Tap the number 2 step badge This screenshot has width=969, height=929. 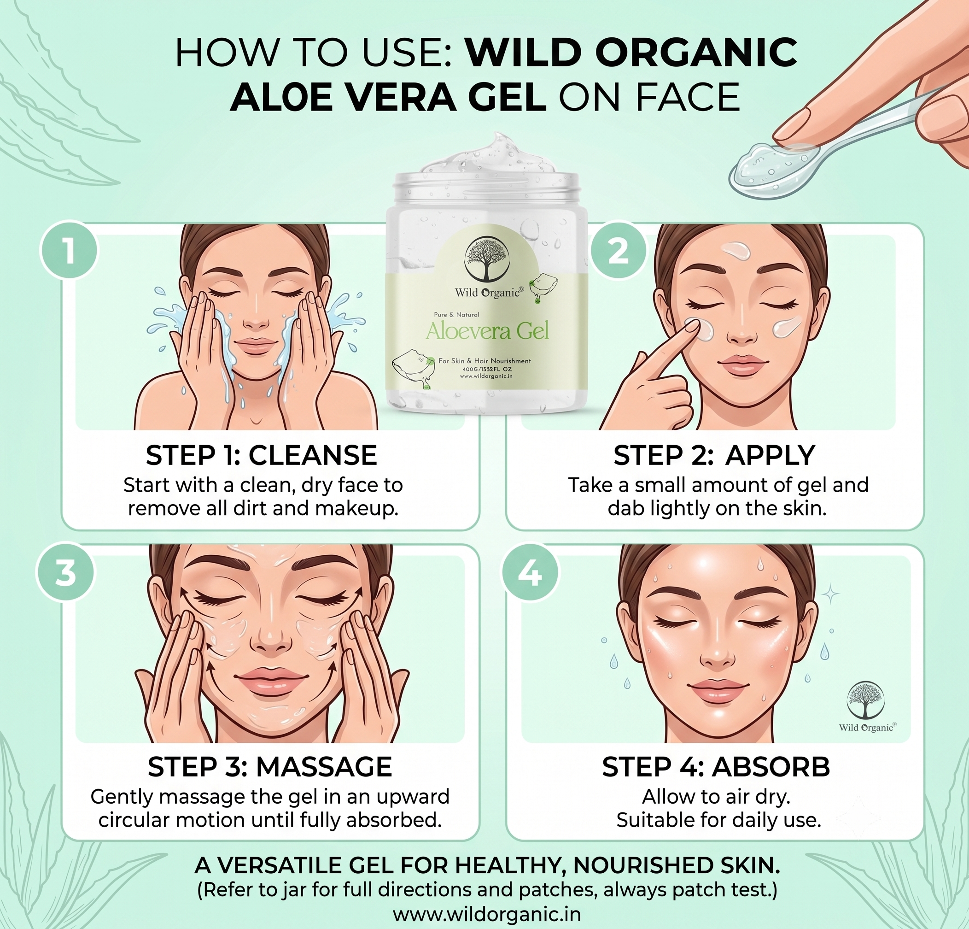click(x=619, y=251)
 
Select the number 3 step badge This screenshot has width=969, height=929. click(x=65, y=573)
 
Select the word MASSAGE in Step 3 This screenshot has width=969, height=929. click(x=324, y=767)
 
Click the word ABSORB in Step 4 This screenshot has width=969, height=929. click(x=771, y=767)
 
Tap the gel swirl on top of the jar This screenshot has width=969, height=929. click(x=490, y=153)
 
